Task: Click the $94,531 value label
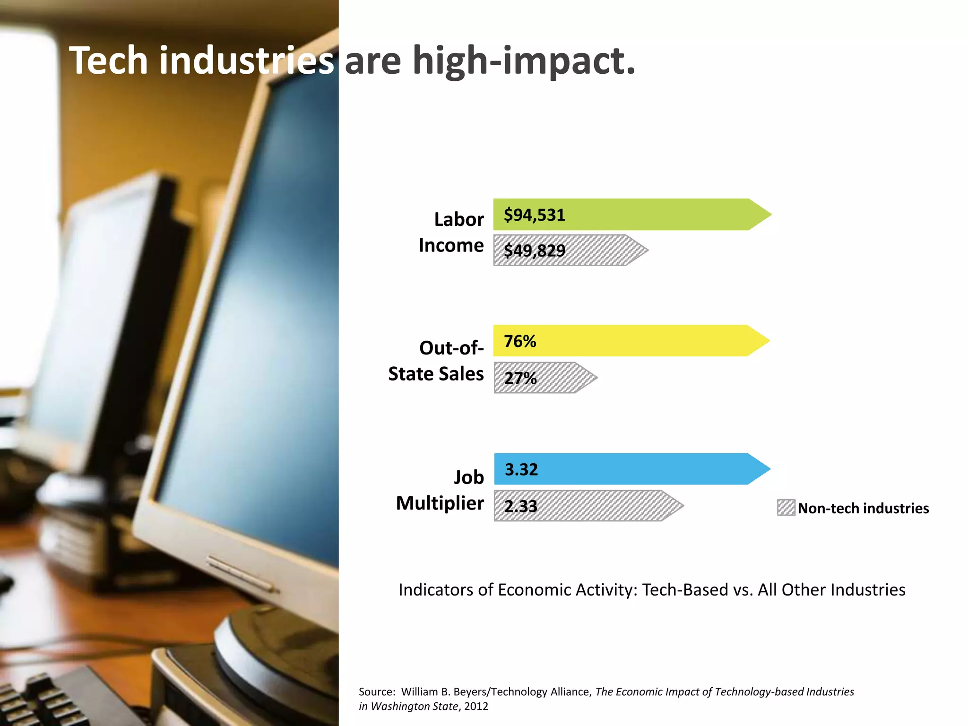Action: [534, 215]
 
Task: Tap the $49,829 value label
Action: [534, 251]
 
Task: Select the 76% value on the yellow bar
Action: [520, 341]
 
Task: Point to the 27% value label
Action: [520, 378]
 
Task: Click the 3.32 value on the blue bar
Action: [521, 469]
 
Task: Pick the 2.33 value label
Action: [520, 506]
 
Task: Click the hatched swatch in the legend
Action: [786, 508]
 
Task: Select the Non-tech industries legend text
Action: [863, 508]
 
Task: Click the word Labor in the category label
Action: [458, 219]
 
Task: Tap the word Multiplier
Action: [440, 503]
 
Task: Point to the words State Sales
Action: [436, 374]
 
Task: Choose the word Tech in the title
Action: [109, 60]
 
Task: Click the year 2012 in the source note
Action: [476, 707]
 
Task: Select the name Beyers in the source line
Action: [470, 692]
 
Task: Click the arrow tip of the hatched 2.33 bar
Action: [679, 506]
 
